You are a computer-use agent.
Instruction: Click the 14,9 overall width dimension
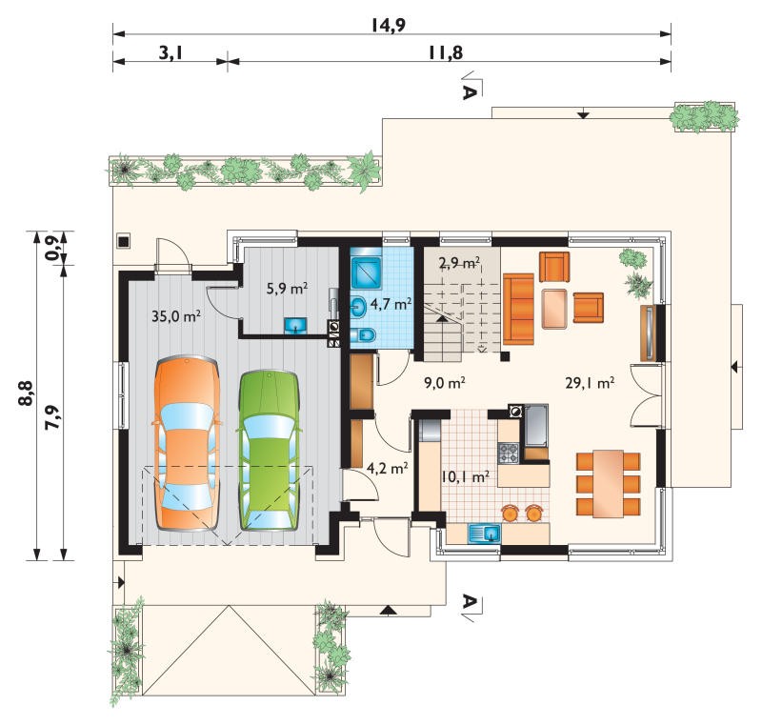click(389, 25)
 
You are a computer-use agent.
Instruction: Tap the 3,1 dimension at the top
click(170, 52)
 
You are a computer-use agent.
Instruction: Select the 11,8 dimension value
click(445, 52)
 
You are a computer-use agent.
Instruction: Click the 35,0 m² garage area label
click(176, 316)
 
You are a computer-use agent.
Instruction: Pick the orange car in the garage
click(186, 443)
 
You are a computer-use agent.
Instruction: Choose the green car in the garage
click(269, 451)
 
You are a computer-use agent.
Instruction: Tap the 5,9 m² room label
click(287, 289)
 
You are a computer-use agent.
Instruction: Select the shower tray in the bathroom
click(367, 270)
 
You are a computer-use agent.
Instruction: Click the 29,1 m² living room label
click(590, 383)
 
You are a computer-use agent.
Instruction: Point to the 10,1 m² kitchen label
click(465, 476)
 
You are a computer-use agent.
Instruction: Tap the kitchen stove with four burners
click(509, 453)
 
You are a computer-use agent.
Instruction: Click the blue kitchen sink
click(485, 534)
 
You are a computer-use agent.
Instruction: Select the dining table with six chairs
click(608, 484)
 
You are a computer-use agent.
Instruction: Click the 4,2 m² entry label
click(387, 469)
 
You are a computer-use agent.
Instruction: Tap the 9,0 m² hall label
click(445, 383)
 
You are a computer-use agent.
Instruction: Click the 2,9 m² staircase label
click(459, 263)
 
